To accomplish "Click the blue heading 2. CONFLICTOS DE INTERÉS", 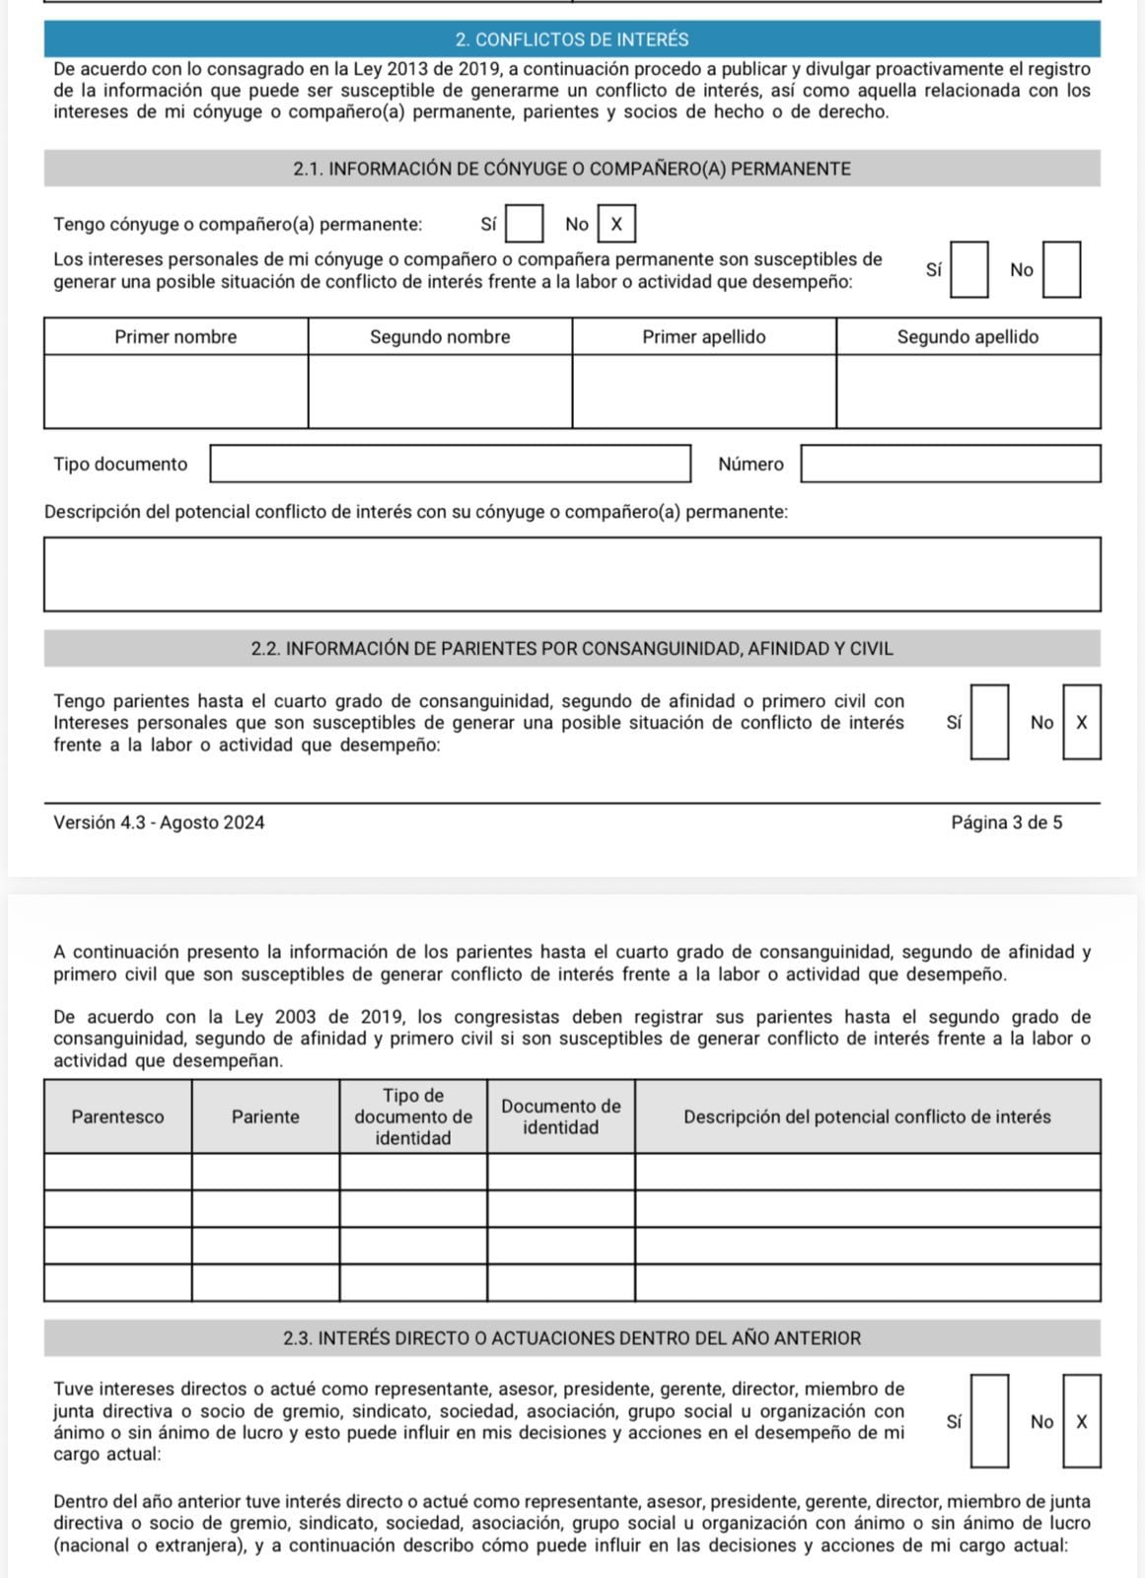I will pos(572,39).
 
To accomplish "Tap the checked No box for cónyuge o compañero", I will pos(616,224).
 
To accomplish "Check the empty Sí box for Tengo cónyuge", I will pos(524,224).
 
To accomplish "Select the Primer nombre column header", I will pos(176,336).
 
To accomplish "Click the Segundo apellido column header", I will pos(967,336).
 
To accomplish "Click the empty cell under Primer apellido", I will pos(703,392).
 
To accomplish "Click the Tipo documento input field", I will pos(450,464).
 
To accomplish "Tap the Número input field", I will pos(950,464).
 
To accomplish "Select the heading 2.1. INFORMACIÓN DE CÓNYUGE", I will pos(572,169).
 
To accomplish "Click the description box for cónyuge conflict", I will pos(572,574).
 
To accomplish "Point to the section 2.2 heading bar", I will pos(572,649).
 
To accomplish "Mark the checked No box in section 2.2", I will pos(1081,722).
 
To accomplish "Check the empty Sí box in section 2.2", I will pos(989,722).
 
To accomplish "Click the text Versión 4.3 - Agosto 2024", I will pos(159,823).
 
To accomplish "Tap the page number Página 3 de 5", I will pos(1006,823).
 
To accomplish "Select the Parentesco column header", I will pos(117,1116).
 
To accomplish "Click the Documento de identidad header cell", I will pos(560,1116).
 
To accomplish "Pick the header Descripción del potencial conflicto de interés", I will pos(867,1116).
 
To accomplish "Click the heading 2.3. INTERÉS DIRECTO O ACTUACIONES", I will pos(572,1338).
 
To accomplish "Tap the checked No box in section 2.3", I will pos(1081,1421).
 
